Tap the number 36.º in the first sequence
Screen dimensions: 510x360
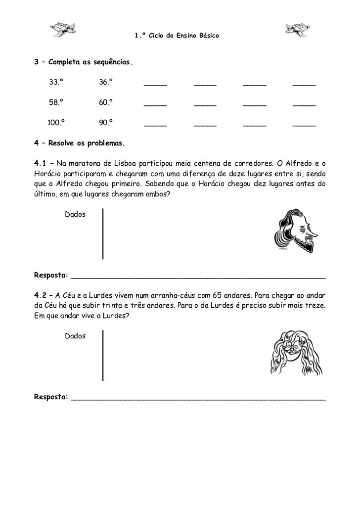(106, 82)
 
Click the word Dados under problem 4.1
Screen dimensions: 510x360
(75, 215)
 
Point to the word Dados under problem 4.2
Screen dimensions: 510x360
(75, 336)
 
